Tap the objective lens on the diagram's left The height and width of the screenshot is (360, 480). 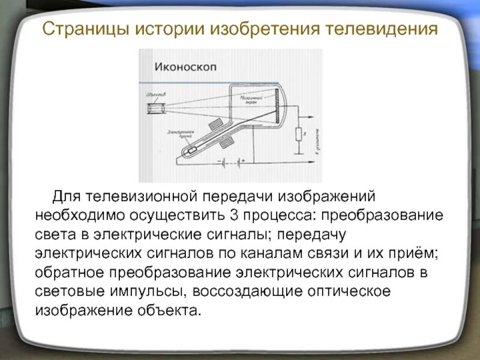coord(157,109)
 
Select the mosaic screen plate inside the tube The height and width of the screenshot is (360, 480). coord(275,107)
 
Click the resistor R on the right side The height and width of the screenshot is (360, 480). coord(297,135)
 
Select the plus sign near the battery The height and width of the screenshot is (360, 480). coord(243,160)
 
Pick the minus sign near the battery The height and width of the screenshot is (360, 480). coord(220,160)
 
